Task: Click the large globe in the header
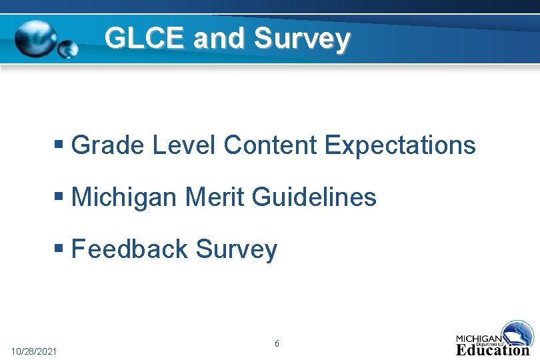(37, 37)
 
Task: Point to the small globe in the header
(68, 48)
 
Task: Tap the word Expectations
(401, 145)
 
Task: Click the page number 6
(277, 344)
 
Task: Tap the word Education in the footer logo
(493, 349)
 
